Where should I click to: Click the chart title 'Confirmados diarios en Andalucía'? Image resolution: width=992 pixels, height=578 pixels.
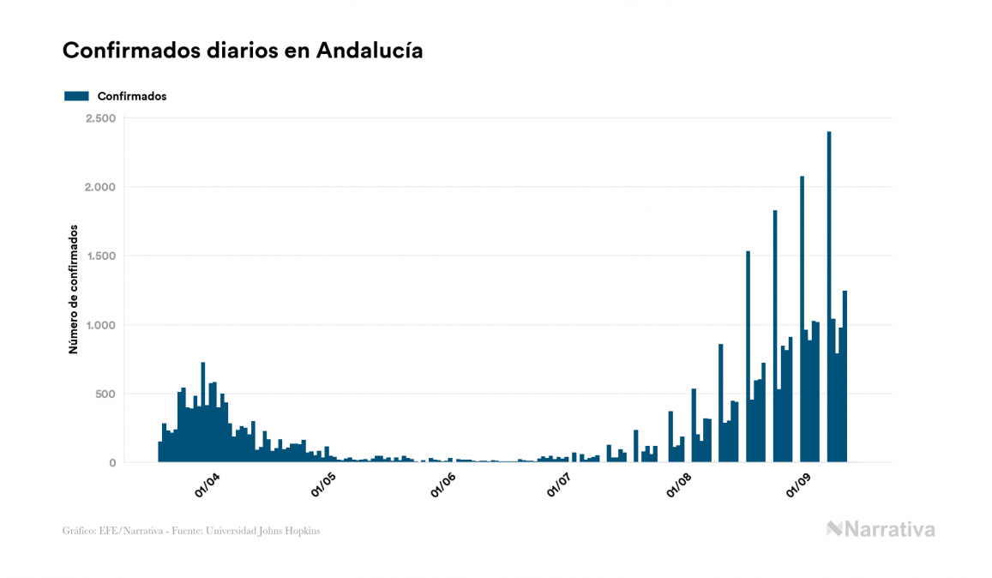tap(243, 51)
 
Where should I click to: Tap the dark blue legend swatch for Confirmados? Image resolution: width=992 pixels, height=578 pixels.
tap(76, 96)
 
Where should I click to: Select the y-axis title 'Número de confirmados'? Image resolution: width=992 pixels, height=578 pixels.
tap(74, 290)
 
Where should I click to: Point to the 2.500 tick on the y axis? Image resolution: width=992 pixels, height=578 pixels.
tap(100, 118)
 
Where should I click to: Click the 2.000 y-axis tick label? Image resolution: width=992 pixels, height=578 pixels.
tap(100, 187)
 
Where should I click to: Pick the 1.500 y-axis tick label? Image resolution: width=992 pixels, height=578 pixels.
tap(100, 256)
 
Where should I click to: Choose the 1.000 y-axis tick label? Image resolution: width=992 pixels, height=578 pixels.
tap(100, 325)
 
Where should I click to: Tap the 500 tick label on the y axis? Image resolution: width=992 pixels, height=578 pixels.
tap(105, 394)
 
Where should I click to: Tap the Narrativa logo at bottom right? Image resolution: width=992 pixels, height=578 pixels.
tap(881, 529)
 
